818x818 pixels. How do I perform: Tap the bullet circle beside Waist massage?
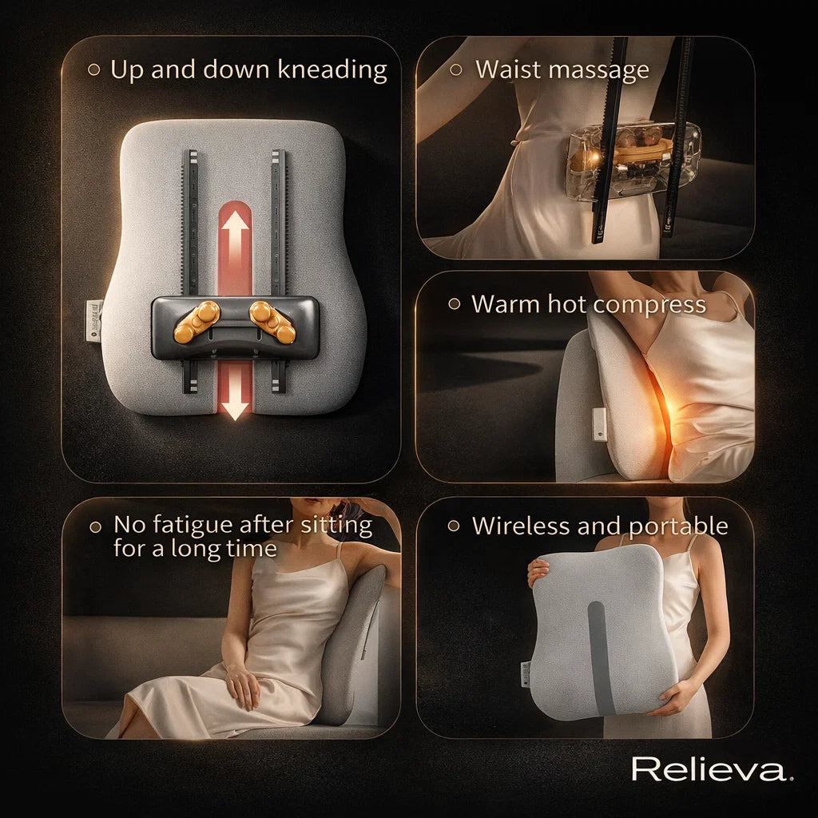click(x=456, y=69)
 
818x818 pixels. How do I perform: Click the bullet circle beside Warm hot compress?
click(x=454, y=304)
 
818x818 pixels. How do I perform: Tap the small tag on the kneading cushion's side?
click(x=94, y=320)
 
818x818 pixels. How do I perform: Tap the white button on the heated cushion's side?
click(x=600, y=423)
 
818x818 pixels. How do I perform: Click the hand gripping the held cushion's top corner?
click(x=538, y=569)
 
